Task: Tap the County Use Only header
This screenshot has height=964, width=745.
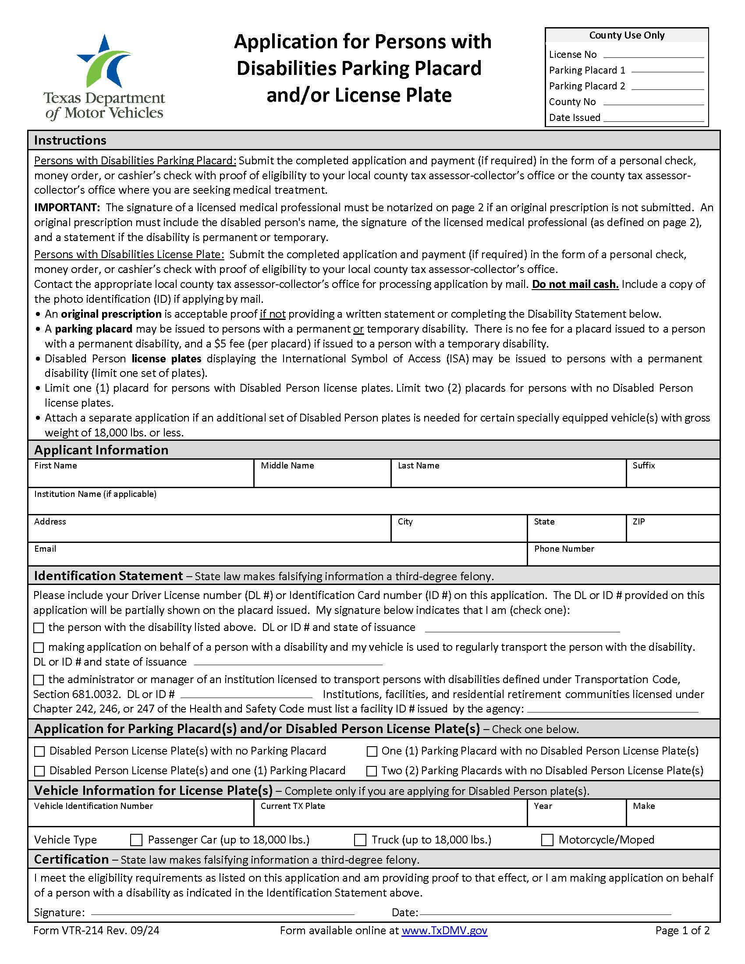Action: tap(626, 35)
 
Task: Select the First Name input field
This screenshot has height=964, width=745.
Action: tap(140, 477)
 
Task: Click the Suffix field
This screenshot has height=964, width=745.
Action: tap(673, 477)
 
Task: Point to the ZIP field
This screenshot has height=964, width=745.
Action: tap(673, 532)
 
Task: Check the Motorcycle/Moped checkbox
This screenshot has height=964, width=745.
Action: tap(547, 840)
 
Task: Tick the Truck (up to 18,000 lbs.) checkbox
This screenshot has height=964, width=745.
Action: tap(360, 840)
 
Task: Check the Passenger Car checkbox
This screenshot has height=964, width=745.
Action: tap(136, 840)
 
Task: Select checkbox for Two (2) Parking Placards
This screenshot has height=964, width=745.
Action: tap(372, 771)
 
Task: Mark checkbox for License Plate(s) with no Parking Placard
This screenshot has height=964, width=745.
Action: tap(39, 751)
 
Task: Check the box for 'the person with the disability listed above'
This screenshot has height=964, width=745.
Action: tap(39, 627)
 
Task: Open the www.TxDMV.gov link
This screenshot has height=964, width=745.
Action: tap(444, 930)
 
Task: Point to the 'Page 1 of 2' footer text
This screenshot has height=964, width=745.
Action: tap(682, 930)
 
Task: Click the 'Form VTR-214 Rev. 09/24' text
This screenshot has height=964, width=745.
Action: tap(96, 930)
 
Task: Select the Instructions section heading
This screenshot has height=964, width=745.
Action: tap(70, 140)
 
